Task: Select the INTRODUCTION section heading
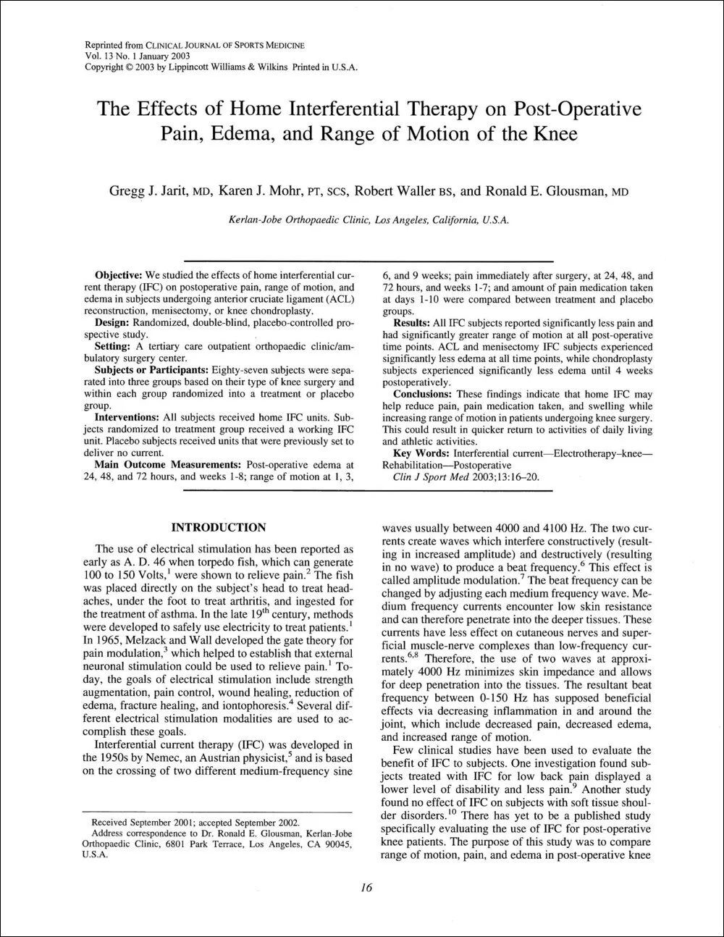click(218, 526)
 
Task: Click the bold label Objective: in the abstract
click(119, 276)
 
